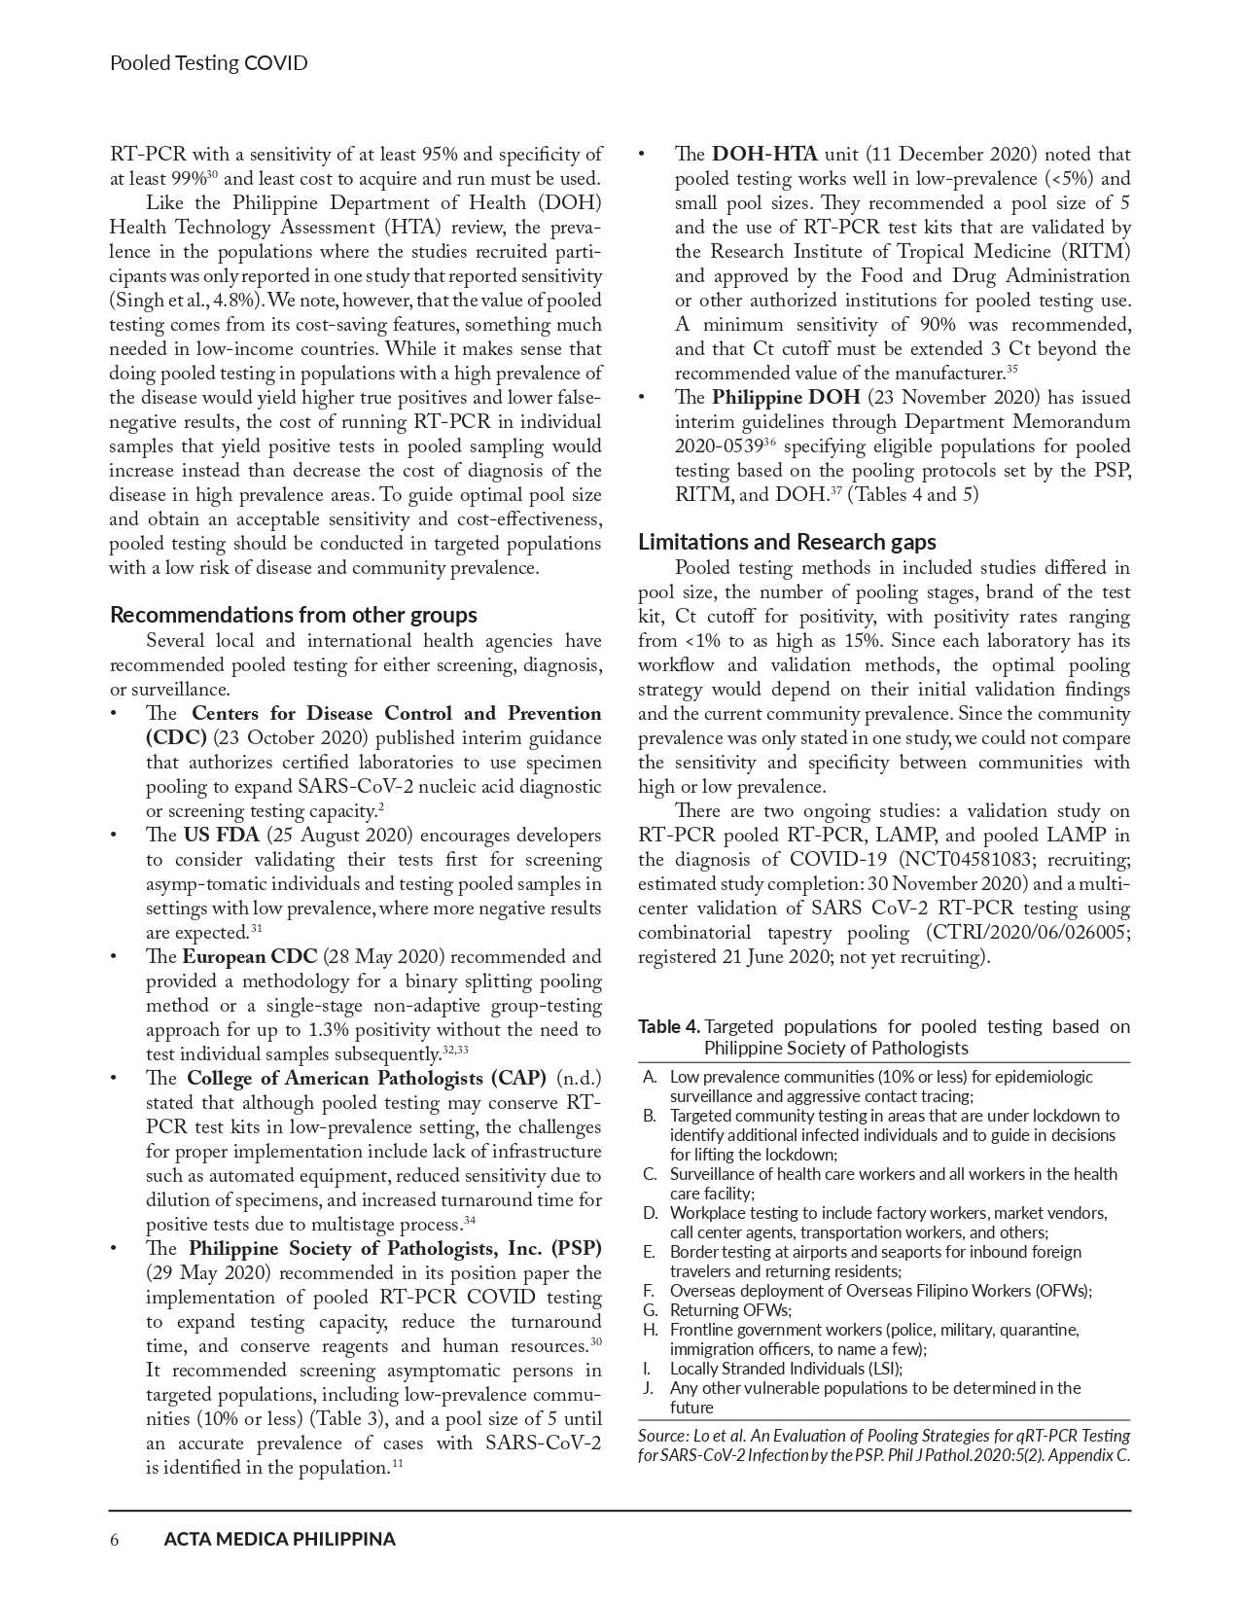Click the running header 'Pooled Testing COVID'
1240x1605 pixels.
(x=208, y=64)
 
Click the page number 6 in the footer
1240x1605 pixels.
(x=115, y=1539)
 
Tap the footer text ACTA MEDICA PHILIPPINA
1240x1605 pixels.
(x=280, y=1539)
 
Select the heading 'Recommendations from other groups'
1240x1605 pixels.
(x=294, y=615)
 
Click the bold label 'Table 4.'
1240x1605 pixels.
(x=669, y=1026)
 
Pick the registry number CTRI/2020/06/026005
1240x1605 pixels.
(x=1032, y=933)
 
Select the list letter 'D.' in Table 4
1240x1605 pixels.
(x=650, y=1213)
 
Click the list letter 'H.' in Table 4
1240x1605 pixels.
(x=650, y=1330)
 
